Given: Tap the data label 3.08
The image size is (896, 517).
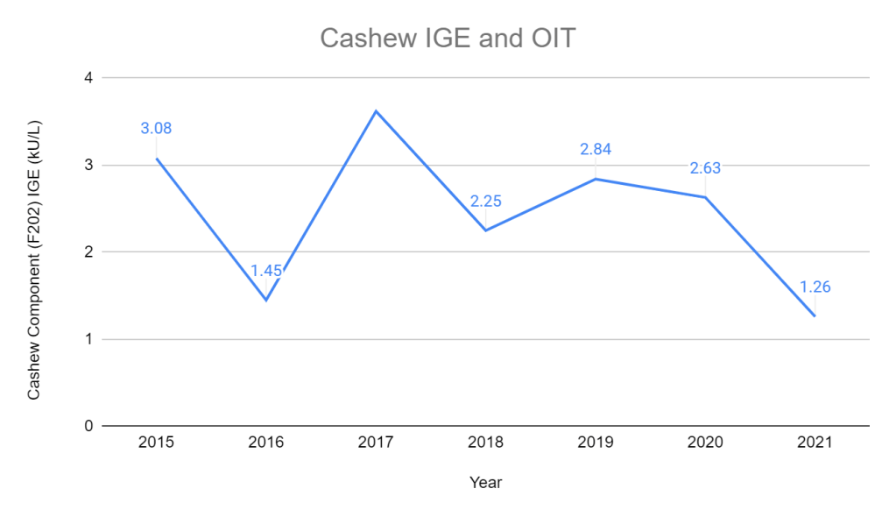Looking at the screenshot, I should (x=156, y=129).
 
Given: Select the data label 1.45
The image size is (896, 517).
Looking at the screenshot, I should (x=266, y=270).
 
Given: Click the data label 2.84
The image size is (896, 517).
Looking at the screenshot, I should (x=596, y=149).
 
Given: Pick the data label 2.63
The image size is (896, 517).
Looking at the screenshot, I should (x=705, y=168).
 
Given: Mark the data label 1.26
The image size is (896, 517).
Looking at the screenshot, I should (x=815, y=287).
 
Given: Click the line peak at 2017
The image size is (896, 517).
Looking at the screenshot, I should (x=376, y=110).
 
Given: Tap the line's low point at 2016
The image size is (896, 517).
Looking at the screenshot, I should (x=266, y=301).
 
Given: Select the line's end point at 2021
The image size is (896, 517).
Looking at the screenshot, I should (x=815, y=316).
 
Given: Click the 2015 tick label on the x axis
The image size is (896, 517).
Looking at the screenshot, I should (x=156, y=443).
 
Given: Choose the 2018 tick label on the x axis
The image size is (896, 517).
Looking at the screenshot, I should (x=485, y=443).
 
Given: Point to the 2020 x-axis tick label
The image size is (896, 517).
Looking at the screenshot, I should (x=705, y=443).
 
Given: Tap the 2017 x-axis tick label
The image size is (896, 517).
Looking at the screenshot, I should (x=376, y=443).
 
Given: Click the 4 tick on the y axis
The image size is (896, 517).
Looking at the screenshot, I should (x=88, y=78).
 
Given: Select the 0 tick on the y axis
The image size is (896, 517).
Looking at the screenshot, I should (x=88, y=427).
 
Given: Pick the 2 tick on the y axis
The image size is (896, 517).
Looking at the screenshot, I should (x=88, y=252).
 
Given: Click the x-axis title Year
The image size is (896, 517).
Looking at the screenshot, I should (x=485, y=482).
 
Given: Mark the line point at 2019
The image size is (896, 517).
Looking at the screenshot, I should (x=596, y=179).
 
